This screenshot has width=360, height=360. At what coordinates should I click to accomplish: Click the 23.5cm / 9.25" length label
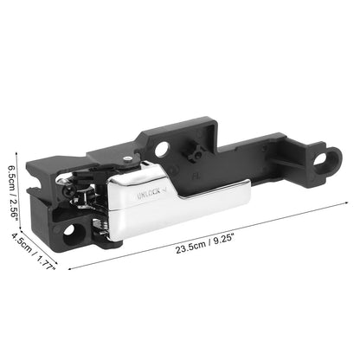point(204,245)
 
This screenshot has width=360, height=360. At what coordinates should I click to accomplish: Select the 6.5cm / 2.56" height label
point(13,192)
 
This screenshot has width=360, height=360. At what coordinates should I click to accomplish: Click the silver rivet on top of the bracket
point(127,158)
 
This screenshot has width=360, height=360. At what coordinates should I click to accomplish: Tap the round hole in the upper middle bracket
point(162,149)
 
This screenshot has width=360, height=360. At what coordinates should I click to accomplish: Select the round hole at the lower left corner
point(69,230)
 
